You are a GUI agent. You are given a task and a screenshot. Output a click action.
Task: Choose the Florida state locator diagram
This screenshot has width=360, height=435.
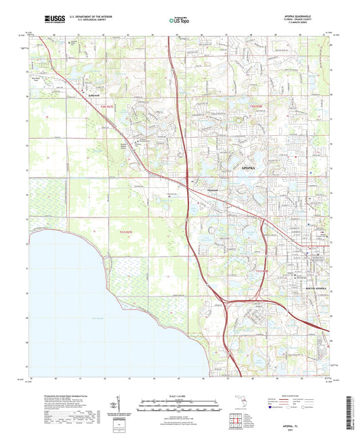[242, 407]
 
